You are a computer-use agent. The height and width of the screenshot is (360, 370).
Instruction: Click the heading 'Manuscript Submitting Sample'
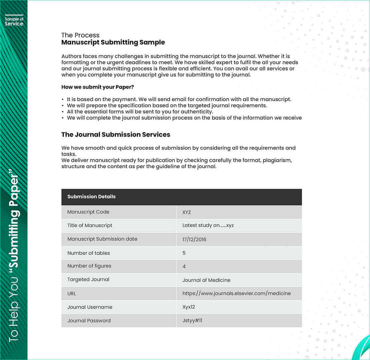(x=113, y=42)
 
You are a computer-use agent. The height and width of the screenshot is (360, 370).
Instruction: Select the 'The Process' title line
(x=80, y=35)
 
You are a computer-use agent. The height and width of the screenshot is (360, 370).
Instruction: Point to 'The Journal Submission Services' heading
(x=116, y=134)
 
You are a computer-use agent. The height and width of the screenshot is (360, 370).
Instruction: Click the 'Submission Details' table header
(x=91, y=197)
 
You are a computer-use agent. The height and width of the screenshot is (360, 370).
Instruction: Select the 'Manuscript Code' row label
(x=88, y=212)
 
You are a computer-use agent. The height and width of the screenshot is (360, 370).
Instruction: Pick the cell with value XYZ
(x=187, y=212)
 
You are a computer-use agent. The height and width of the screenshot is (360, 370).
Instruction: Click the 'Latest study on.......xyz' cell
(x=208, y=225)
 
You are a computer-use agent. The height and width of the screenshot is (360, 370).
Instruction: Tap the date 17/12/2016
(x=194, y=239)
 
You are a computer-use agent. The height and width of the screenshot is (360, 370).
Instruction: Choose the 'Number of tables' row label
(x=89, y=253)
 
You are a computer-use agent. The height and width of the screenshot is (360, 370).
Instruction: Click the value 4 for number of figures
(x=184, y=266)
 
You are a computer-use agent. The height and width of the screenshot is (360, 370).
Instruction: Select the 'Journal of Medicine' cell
(x=206, y=280)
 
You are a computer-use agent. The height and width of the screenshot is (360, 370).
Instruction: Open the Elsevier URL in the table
(x=236, y=293)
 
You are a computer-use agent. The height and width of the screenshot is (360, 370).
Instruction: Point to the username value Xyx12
(x=189, y=307)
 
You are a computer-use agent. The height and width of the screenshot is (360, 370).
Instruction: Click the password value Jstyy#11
(x=192, y=321)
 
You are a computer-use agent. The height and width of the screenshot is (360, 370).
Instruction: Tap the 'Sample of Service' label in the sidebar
(x=14, y=22)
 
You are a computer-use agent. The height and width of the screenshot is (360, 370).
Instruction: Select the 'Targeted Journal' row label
(x=88, y=279)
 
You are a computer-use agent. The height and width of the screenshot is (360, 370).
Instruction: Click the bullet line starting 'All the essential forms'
(x=140, y=111)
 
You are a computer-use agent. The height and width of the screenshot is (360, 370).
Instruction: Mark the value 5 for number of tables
(x=184, y=253)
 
